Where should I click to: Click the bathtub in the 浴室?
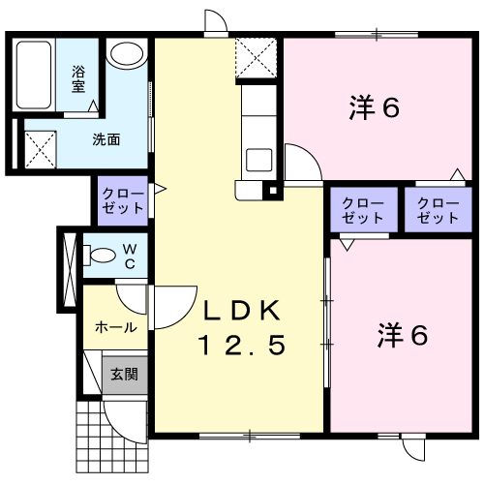click(34, 75)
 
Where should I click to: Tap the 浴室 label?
click(78, 79)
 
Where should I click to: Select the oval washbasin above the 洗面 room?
click(127, 54)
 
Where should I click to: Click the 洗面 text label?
click(106, 139)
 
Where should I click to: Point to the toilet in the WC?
click(100, 256)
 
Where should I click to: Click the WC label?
click(130, 257)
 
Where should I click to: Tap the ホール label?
click(116, 327)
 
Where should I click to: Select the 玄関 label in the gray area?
click(124, 375)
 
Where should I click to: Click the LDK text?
click(242, 311)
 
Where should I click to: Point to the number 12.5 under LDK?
click(243, 345)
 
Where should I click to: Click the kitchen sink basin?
click(259, 160)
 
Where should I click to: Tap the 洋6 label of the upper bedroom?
click(375, 107)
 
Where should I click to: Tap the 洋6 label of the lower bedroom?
click(403, 335)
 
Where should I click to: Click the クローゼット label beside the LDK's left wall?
click(123, 200)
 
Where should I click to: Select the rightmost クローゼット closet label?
click(438, 210)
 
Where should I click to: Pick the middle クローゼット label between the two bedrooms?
click(363, 210)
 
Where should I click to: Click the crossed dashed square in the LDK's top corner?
click(257, 58)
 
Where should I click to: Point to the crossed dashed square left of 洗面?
click(41, 149)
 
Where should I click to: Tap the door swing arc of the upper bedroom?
click(311, 154)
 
